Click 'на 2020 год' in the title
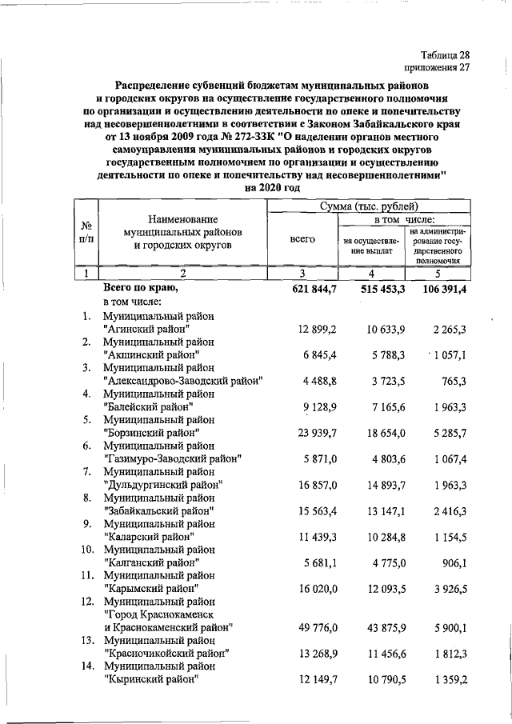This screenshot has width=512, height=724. point(273,187)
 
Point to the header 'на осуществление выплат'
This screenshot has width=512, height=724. point(370,245)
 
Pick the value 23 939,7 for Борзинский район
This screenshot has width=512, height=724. point(313,433)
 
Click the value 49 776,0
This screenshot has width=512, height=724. point(313,627)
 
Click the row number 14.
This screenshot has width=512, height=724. point(88,666)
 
